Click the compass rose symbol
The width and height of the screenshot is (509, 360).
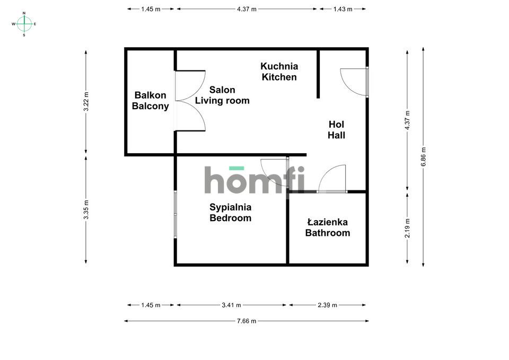(24, 24)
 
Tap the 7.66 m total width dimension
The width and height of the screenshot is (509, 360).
(247, 321)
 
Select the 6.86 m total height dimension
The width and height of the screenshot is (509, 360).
(423, 157)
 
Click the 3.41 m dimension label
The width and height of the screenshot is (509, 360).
(231, 305)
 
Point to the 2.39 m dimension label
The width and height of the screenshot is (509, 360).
(327, 305)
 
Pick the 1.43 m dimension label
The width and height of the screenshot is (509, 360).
(343, 9)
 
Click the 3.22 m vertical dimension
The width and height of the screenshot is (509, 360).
(86, 102)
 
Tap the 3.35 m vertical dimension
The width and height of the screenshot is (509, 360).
(86, 210)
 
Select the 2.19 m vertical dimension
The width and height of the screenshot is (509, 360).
(407, 228)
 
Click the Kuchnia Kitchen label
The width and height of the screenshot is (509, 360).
(279, 72)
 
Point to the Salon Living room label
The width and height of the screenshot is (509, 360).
(222, 95)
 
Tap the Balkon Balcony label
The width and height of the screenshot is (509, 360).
(150, 101)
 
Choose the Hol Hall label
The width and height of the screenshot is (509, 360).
(336, 129)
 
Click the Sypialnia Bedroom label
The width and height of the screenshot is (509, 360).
(231, 212)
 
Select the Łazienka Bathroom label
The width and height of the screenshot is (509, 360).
(328, 227)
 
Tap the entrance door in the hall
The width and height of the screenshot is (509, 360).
(354, 82)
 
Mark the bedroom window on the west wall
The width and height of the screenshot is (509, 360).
(175, 214)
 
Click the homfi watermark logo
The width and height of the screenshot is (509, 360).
(254, 180)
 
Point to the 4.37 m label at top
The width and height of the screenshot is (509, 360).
(247, 9)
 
